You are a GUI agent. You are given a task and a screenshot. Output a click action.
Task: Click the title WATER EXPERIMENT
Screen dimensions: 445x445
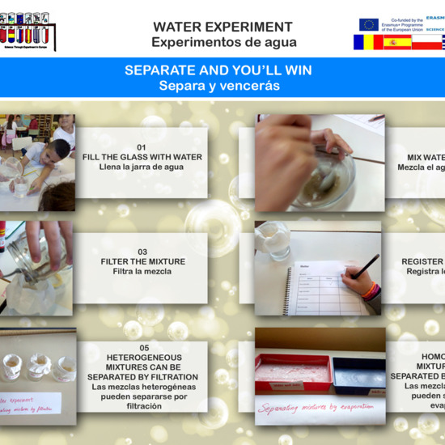(x=222, y=28)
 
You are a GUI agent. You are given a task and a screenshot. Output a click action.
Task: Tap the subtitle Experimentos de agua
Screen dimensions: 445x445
(x=224, y=42)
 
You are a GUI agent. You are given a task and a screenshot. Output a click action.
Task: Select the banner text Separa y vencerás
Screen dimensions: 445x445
(x=218, y=85)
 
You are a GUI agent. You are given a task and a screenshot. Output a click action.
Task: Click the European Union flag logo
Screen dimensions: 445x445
(x=369, y=25)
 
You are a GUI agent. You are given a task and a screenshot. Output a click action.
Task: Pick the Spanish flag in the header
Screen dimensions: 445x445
(x=397, y=43)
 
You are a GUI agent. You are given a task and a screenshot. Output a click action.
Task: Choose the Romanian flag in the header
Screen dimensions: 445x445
(x=367, y=43)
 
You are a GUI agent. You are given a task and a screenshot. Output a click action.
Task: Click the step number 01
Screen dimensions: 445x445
(x=142, y=146)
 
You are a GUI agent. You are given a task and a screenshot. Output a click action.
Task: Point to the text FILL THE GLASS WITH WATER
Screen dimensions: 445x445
(x=142, y=157)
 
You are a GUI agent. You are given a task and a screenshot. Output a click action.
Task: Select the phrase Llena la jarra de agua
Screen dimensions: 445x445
(x=142, y=167)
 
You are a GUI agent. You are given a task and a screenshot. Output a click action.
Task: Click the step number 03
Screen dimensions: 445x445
(x=142, y=252)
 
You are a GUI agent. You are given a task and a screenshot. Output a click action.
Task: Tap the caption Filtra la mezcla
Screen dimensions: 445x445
(x=142, y=272)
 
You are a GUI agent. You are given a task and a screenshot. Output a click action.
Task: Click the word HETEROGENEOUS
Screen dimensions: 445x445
(x=142, y=357)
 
